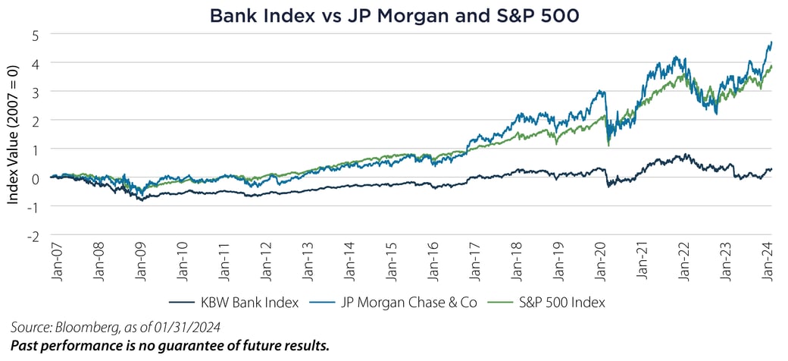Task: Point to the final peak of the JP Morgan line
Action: point(771,42)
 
